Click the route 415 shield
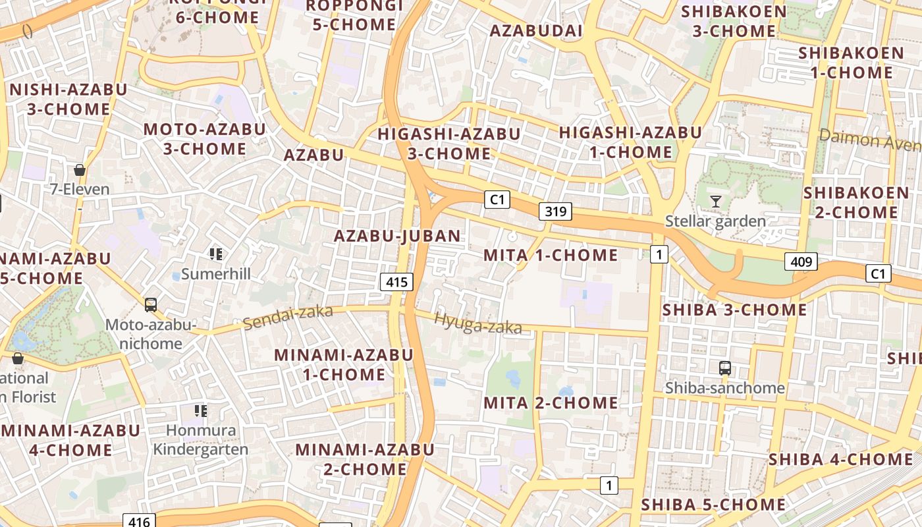click(x=396, y=283)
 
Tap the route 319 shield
click(x=555, y=211)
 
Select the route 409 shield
click(x=801, y=262)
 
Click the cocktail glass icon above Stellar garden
click(x=716, y=201)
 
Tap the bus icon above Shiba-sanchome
click(x=725, y=368)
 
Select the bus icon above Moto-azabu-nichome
click(x=151, y=305)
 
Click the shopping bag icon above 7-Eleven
click(x=80, y=170)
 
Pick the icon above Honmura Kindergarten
click(x=201, y=411)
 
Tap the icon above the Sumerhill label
click(x=215, y=254)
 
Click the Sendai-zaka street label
click(x=288, y=318)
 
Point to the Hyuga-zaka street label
click(x=477, y=322)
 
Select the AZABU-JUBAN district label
click(x=397, y=236)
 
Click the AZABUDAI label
click(x=536, y=31)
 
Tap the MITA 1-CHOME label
click(x=551, y=255)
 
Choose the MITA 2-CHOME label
click(x=551, y=402)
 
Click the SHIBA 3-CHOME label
click(x=734, y=310)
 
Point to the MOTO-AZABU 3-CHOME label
click(x=205, y=138)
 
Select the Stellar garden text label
click(x=716, y=221)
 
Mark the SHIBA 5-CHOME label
click(x=713, y=505)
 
